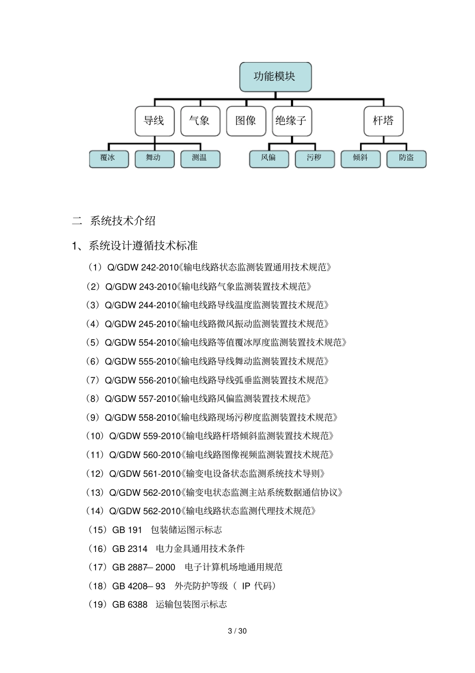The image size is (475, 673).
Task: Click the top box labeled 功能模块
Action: (275, 77)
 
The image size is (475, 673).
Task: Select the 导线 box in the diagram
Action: (154, 121)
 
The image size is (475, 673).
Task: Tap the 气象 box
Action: (200, 121)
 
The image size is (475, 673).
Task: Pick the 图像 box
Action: (245, 121)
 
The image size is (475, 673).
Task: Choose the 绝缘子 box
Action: (291, 121)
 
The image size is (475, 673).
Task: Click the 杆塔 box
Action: (383, 121)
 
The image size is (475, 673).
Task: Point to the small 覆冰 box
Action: (108, 159)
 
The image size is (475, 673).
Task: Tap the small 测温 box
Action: (200, 159)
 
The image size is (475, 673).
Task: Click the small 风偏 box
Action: (269, 159)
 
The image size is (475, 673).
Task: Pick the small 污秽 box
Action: (314, 159)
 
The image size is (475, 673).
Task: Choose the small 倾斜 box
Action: (360, 159)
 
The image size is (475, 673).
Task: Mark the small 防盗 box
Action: (406, 159)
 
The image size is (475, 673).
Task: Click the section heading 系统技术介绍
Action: (122, 221)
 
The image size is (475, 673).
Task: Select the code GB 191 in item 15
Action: (127, 530)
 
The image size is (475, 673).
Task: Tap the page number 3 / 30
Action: (237, 631)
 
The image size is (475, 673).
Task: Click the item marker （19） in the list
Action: (98, 604)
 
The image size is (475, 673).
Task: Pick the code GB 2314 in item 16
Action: (130, 549)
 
